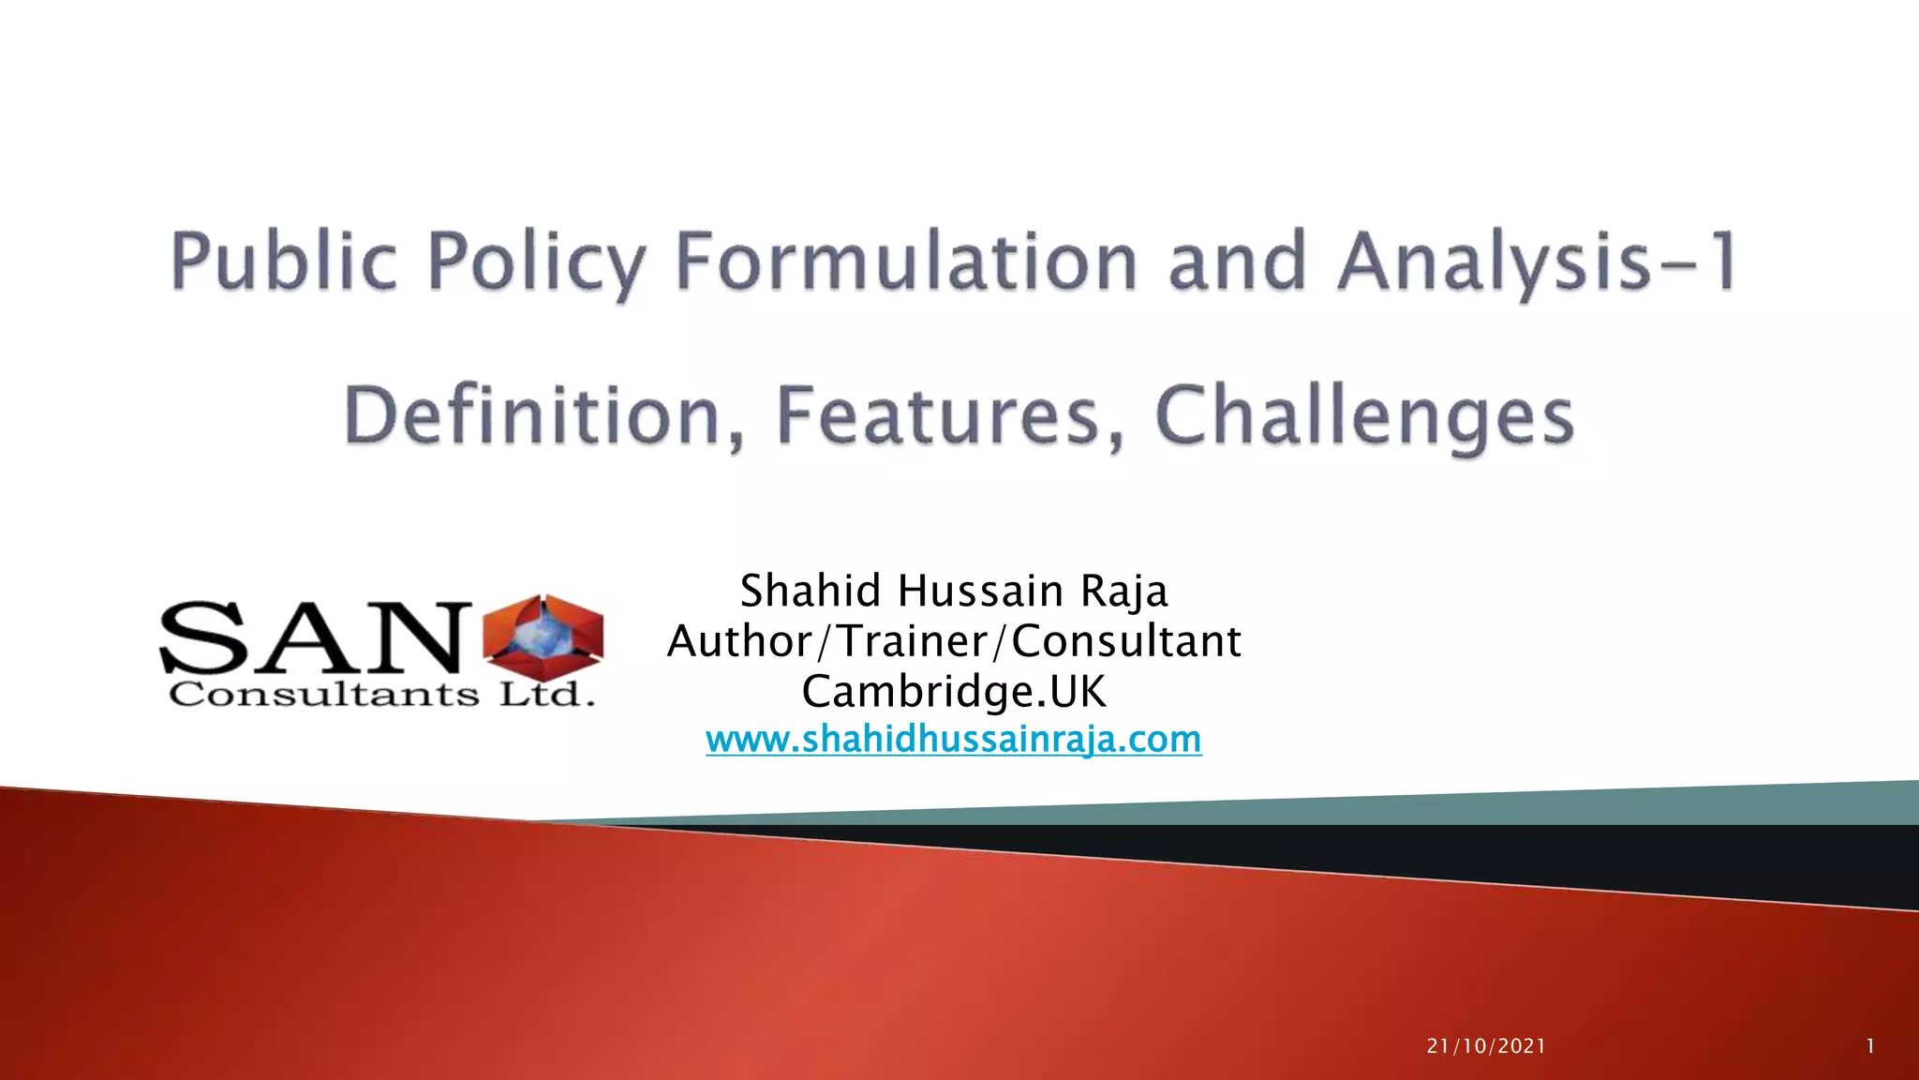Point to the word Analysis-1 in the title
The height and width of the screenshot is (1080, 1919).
tap(1538, 262)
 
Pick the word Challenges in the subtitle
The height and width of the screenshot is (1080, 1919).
tap(1364, 416)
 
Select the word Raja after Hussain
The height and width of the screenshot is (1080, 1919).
tap(1123, 592)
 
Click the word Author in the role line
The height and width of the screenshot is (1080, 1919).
tap(740, 642)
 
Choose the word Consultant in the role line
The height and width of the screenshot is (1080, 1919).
tap(1126, 642)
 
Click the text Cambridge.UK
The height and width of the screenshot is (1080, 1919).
tap(954, 692)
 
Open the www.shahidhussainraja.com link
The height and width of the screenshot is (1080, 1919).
tap(954, 740)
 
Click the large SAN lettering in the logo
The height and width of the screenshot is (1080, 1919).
tap(314, 637)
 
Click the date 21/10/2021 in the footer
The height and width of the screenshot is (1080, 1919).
tap(1486, 1046)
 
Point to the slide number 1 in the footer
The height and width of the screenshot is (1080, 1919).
tap(1870, 1046)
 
